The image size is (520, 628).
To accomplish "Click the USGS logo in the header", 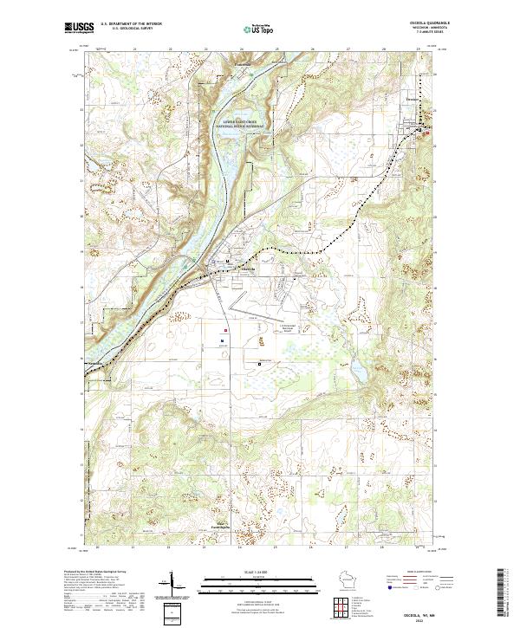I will click(78, 28).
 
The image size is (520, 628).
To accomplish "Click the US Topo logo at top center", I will click(257, 29).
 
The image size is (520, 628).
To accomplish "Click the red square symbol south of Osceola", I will click(226, 330).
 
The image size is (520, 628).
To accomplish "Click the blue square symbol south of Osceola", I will click(222, 341).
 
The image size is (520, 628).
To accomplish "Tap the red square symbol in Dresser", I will click(426, 133).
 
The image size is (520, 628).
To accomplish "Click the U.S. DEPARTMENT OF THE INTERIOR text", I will click(130, 23).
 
